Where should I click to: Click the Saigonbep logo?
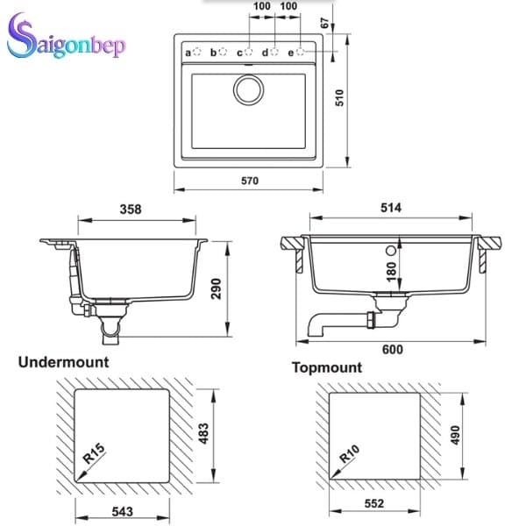[x=66, y=37]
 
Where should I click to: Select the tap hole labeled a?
[x=197, y=52]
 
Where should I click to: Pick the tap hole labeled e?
[x=301, y=52]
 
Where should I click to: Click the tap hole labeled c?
[x=249, y=52]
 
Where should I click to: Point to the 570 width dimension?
[x=250, y=181]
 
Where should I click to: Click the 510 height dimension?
[x=340, y=98]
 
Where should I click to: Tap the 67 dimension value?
[x=325, y=23]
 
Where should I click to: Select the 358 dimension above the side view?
[x=131, y=210]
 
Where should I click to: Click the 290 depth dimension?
[x=217, y=288]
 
